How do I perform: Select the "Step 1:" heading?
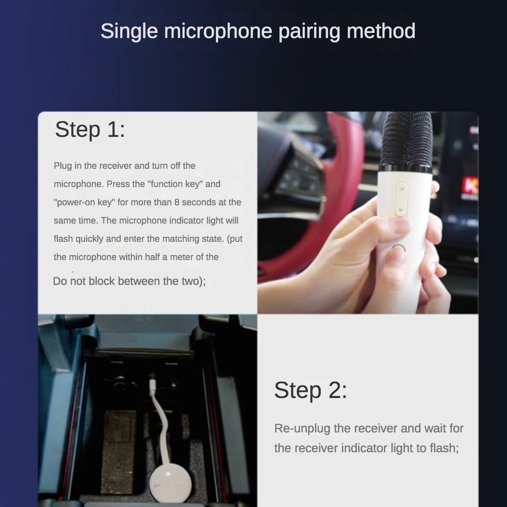click(x=90, y=129)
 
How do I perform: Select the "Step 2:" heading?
click(x=310, y=390)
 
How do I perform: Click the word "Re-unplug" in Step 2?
click(x=303, y=428)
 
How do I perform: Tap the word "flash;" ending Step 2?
click(x=443, y=448)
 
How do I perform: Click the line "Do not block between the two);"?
click(x=129, y=281)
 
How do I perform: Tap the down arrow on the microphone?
click(x=402, y=209)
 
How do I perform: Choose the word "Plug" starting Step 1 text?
click(x=62, y=166)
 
